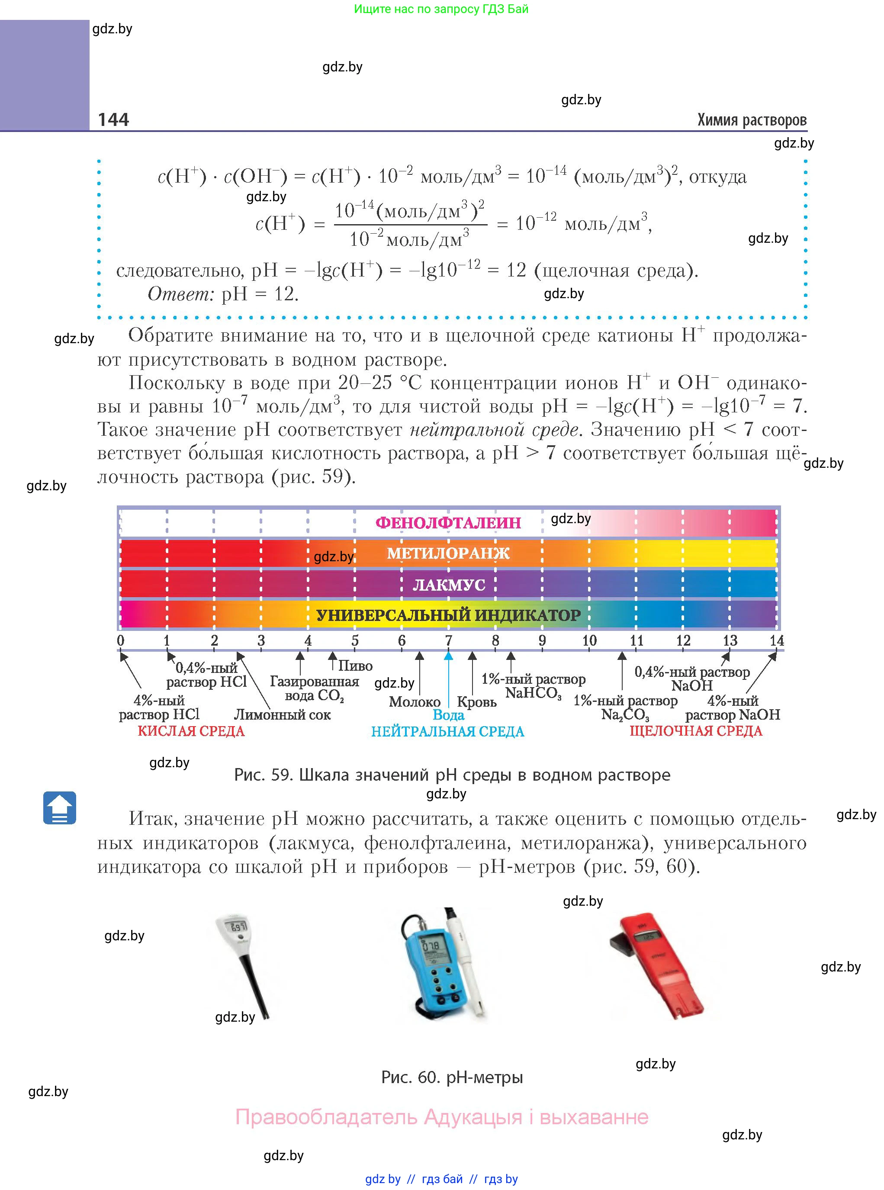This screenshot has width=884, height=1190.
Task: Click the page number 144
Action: [113, 119]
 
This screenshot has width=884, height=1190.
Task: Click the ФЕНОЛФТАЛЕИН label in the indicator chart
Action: [448, 523]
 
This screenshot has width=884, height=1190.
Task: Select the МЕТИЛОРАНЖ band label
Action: [448, 553]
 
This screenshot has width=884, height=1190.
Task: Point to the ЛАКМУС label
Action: [448, 585]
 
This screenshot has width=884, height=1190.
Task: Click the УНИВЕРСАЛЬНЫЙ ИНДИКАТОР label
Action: [448, 615]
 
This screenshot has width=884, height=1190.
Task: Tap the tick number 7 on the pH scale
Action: [448, 640]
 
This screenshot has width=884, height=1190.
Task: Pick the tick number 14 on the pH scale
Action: [776, 640]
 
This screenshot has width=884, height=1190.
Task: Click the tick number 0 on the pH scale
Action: [120, 640]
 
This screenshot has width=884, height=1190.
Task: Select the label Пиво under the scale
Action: [355, 666]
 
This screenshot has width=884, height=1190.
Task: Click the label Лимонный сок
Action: [283, 714]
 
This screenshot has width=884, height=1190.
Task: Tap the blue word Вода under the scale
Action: [448, 715]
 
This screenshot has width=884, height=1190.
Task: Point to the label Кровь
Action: [477, 702]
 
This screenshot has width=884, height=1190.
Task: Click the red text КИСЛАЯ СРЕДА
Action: [191, 731]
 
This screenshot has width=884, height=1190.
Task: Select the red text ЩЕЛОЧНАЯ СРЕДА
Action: [696, 731]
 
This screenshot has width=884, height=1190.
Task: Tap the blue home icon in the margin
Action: [59, 808]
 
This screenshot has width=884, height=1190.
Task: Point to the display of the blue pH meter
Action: [431, 946]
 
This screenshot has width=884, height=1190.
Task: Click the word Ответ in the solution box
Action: [180, 294]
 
